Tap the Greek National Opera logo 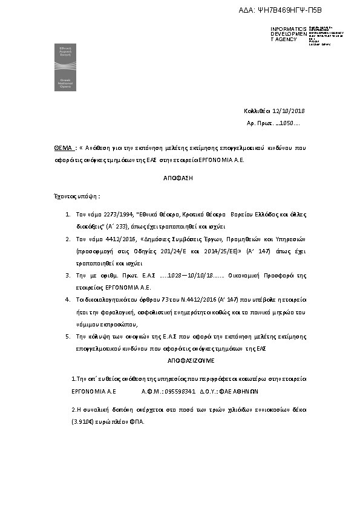pos(65,67)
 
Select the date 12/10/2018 pos(290,111)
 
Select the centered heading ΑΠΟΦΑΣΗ pos(180,179)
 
